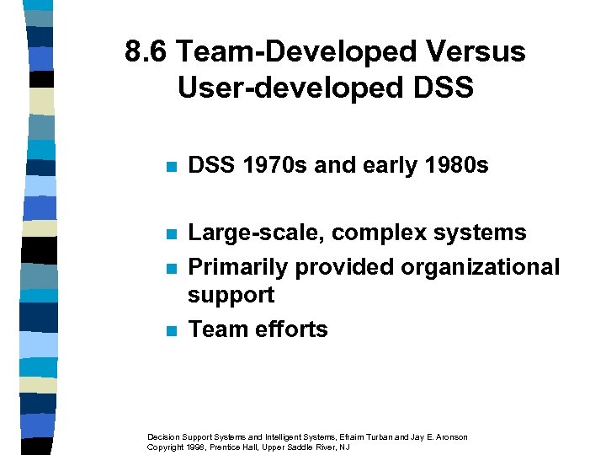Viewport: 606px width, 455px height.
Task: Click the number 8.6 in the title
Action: (147, 52)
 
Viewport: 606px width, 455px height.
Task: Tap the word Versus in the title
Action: (477, 52)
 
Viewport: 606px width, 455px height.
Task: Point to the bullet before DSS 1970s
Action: (172, 167)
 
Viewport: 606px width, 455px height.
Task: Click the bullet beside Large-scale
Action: (172, 233)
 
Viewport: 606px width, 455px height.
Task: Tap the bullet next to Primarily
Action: (172, 268)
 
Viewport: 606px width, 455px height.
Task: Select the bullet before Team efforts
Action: (172, 330)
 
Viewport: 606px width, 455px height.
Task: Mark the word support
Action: (231, 296)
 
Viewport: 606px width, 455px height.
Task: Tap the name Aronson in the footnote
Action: (449, 436)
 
